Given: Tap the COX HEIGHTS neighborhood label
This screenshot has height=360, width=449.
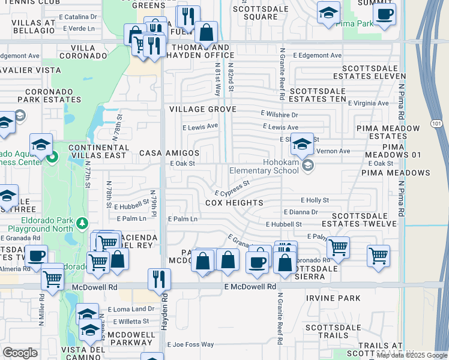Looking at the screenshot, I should click(234, 203).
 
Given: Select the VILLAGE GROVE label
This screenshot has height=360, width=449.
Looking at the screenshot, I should click(202, 109).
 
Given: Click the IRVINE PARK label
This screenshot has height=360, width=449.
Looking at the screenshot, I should click(333, 298).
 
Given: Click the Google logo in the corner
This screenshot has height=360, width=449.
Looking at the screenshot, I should click(20, 353).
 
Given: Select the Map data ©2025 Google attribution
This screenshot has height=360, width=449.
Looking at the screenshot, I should click(412, 355).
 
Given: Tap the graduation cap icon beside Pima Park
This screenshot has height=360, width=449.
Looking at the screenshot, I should click(328, 13).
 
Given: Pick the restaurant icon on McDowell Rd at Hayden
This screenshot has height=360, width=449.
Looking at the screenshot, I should click(160, 280).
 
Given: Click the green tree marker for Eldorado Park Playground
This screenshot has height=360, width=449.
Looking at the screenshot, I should click(83, 224).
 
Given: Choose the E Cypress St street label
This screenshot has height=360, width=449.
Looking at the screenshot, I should click(232, 190).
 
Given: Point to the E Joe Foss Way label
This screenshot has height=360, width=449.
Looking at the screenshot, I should click(191, 344).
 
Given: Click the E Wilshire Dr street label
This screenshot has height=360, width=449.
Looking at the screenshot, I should click(279, 114).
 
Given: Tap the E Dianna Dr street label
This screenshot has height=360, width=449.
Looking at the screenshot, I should click(300, 212).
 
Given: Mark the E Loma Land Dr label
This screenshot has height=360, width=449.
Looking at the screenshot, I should click(131, 309).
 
